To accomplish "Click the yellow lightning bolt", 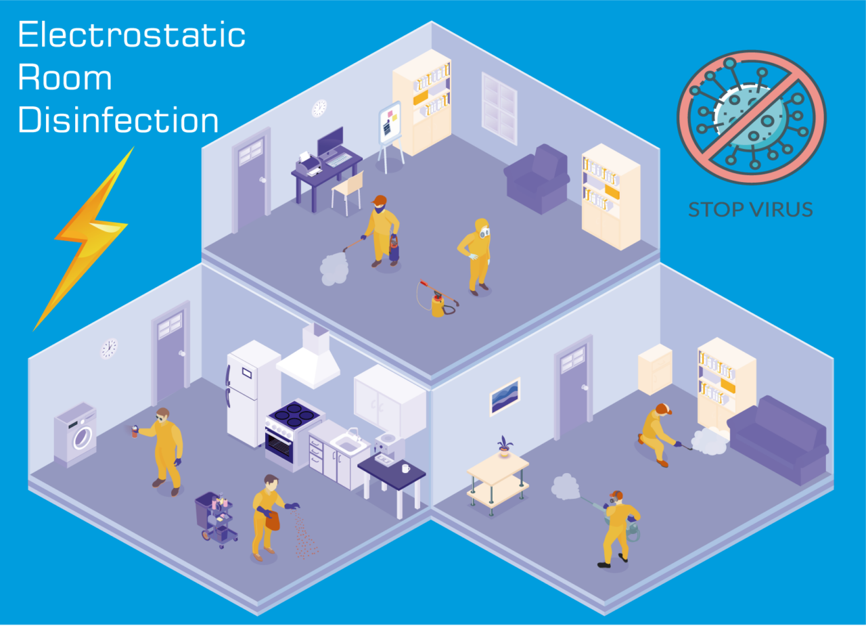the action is coord(87,236).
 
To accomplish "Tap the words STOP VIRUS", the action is coord(750,210).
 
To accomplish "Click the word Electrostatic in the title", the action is coord(131,35).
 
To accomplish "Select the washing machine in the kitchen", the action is coord(75,434).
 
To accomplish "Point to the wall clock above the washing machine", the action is coord(109,349).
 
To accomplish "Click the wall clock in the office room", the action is coord(319,108).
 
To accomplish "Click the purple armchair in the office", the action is coord(537,179).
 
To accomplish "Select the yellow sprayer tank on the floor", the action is coord(438,304).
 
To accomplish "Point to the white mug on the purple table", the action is coord(405,468).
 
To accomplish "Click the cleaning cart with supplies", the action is coord(216,519).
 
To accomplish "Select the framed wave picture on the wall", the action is coord(505,397).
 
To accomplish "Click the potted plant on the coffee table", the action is coord(504,447).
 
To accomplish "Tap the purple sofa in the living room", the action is coord(777,440).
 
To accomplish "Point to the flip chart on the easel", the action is coord(390,122).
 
